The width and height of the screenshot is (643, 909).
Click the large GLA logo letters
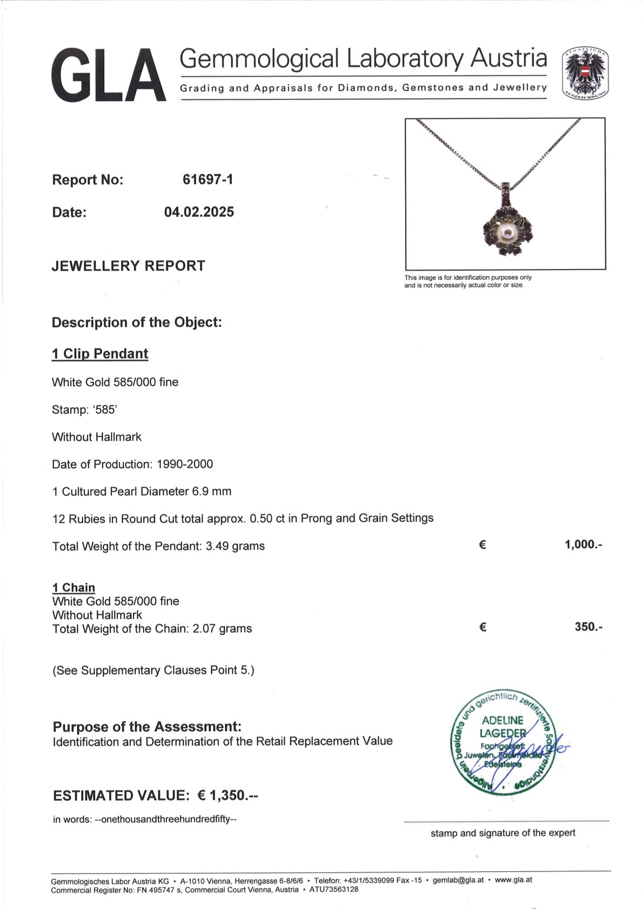coord(108,75)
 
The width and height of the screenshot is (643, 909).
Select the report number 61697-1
coord(208,179)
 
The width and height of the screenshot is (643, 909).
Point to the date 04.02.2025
coord(199,212)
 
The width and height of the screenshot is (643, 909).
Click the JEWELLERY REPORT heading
coord(128,266)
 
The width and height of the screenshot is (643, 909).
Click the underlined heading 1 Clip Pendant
coord(99,354)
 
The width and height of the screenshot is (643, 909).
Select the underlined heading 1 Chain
coord(73,587)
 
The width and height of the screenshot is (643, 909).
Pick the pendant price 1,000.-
coord(583,544)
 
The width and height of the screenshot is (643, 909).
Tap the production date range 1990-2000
coord(185,464)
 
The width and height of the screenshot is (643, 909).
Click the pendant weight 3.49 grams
coord(235,546)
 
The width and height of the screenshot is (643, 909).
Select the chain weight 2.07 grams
coord(222,629)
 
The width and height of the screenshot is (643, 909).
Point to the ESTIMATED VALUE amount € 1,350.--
coord(227,795)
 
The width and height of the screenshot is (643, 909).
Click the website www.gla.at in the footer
coord(513,879)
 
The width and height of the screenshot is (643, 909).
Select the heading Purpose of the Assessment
coord(147,726)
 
